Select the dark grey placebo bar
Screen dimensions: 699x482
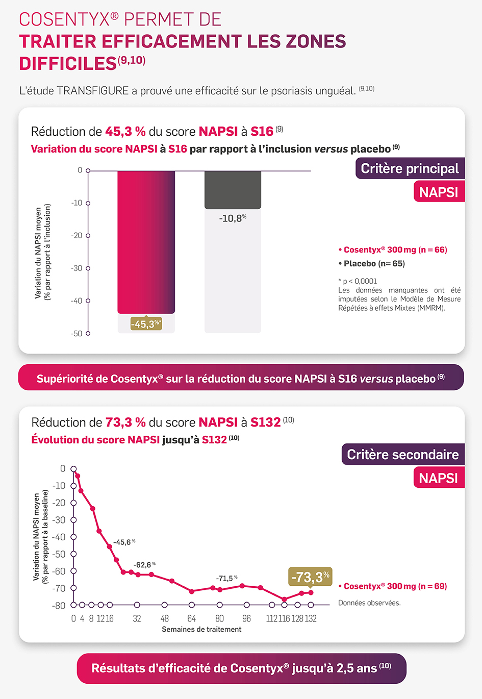233,189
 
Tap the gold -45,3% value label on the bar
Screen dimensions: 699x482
146,324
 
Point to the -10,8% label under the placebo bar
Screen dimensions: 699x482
233,218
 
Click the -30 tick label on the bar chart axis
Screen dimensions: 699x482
77,268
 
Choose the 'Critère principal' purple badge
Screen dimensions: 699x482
410,168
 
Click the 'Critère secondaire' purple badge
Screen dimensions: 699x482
402,454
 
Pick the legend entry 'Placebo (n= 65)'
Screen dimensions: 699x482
372,263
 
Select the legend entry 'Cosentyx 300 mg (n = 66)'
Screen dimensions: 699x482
393,249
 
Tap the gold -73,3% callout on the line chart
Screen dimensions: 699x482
310,577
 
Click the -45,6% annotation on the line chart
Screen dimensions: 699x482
124,542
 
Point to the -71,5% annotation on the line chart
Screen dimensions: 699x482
226,578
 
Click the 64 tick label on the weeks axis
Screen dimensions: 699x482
191,618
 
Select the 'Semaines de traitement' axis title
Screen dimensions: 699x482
201,629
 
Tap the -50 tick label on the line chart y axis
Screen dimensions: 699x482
60,554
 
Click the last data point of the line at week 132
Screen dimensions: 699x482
311,592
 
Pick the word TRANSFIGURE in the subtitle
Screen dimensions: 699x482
92,91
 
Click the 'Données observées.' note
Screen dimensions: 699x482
369,603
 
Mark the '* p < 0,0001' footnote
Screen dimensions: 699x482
358,281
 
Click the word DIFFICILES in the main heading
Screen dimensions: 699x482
68,64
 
